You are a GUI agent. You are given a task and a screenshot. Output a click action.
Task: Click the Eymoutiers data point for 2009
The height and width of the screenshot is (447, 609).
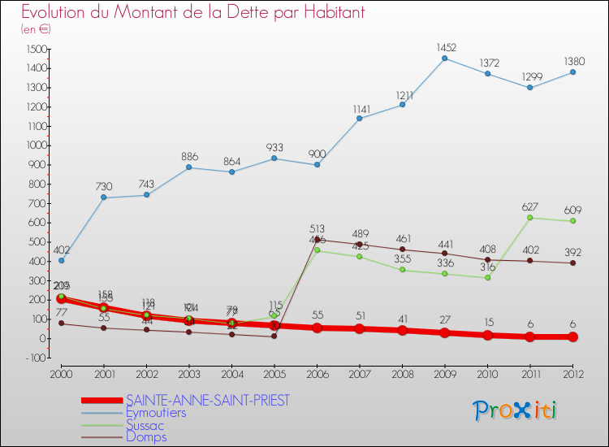444,58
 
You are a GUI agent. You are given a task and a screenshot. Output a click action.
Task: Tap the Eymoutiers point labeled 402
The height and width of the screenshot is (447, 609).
61,260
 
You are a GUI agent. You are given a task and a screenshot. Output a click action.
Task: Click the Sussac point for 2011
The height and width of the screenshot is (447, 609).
529,217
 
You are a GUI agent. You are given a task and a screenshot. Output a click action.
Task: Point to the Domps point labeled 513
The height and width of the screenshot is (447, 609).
317,239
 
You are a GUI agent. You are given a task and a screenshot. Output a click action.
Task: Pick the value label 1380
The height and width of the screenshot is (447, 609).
572,61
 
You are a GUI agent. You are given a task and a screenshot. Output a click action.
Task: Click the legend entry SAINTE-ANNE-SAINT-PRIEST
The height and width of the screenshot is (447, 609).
208,400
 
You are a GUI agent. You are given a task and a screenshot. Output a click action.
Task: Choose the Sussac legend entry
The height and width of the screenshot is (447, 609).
145,424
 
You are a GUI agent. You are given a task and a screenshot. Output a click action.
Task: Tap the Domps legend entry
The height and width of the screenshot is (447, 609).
146,436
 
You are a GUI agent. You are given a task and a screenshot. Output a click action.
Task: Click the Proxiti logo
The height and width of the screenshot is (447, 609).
516,410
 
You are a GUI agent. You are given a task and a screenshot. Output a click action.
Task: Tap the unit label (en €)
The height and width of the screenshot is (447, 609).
37,28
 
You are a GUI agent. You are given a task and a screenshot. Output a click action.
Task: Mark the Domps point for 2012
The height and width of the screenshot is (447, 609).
572,263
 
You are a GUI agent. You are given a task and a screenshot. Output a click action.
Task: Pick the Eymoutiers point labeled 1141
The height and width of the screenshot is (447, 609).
359,118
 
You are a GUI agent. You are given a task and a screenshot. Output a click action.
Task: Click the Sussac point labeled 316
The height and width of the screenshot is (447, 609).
487,277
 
